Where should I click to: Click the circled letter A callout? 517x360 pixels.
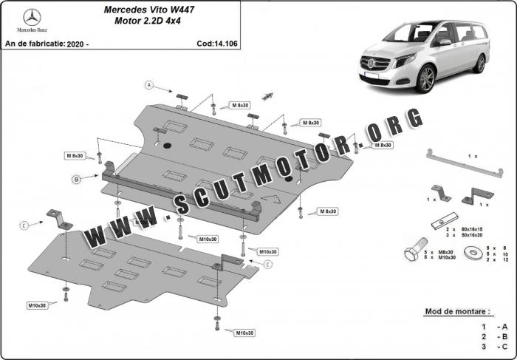[x=148, y=86]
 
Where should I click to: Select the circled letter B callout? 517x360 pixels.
[x=75, y=179]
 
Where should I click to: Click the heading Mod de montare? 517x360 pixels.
[x=458, y=312]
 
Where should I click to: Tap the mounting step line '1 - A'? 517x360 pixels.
[x=493, y=326]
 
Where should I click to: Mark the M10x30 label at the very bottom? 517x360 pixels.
[x=244, y=333]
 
